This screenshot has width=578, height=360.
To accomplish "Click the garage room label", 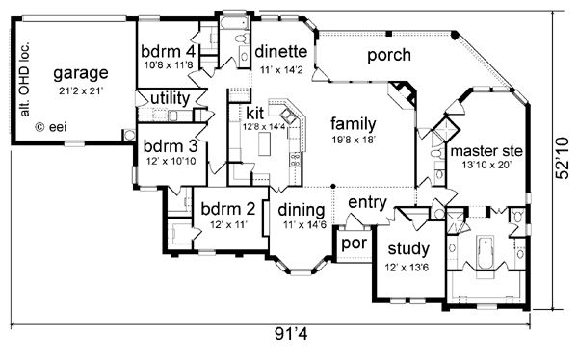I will click(80, 73).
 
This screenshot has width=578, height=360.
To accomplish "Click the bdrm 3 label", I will click(170, 146).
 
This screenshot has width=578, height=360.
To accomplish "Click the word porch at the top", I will click(390, 55).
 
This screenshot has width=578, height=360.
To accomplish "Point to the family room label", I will click(353, 123).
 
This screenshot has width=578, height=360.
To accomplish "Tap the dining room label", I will click(300, 210).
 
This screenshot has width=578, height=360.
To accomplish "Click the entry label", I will click(366, 202).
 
